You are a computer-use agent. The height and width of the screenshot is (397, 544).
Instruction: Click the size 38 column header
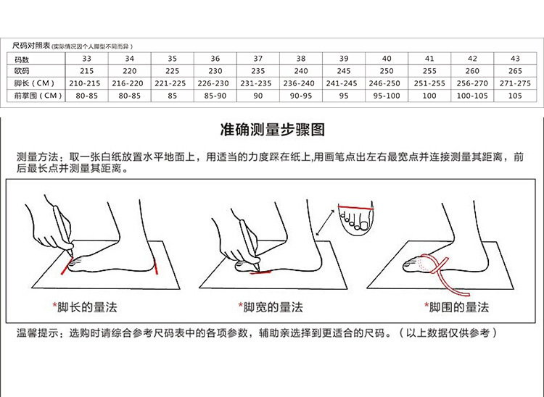[301, 58]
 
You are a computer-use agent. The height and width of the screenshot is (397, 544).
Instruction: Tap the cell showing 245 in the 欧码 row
[344, 71]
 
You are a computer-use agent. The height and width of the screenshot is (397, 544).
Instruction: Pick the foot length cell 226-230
[215, 83]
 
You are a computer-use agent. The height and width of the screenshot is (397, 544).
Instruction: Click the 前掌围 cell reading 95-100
[387, 96]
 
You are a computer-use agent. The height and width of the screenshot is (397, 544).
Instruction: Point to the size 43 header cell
[515, 58]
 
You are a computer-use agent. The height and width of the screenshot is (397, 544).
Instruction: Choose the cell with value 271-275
[515, 83]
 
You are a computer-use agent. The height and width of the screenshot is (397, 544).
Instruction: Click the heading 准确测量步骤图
[272, 130]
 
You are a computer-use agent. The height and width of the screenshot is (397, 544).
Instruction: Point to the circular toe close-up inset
[355, 217]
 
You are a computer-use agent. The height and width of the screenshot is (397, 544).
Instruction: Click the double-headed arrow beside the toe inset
[326, 222]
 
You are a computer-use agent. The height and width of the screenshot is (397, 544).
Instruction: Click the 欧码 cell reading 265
[515, 71]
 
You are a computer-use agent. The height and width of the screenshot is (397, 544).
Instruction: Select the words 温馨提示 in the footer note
[38, 333]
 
